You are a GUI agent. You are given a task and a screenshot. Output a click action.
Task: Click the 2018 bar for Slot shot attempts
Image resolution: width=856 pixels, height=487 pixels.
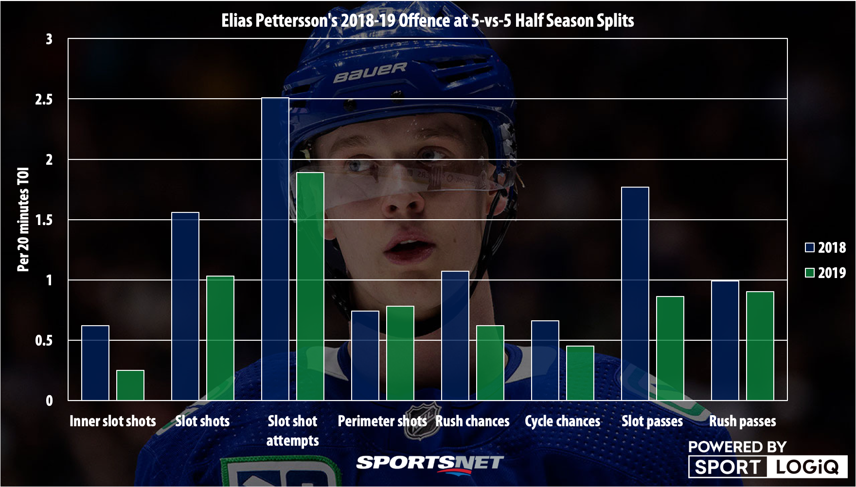coord(275,249)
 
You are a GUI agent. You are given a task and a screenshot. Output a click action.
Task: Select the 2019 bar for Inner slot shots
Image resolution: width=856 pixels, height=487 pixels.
coord(130,385)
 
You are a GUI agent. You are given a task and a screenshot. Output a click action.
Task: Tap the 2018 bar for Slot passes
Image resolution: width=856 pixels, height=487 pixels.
coord(635,294)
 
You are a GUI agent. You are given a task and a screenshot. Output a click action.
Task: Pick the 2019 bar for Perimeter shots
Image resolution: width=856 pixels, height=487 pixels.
coord(400,353)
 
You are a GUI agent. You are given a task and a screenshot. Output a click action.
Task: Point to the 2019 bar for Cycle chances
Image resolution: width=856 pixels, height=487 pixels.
coord(580,373)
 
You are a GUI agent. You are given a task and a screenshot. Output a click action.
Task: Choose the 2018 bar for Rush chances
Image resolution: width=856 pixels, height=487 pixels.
coord(455,336)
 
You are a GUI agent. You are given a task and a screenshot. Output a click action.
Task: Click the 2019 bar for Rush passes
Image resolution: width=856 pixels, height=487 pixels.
coord(760,346)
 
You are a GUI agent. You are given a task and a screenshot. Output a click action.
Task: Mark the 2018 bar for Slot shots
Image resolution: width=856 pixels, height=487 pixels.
coord(185,306)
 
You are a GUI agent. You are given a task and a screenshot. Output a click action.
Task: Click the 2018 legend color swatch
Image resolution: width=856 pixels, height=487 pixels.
coord(810,247)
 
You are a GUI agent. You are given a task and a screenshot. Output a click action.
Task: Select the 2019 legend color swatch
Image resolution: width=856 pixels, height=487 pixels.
coord(810,273)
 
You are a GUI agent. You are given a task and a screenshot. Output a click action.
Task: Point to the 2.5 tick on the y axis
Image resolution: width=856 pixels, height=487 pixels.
coord(44,99)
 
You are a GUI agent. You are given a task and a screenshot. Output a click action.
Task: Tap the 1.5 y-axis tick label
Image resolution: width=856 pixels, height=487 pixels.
coord(44,220)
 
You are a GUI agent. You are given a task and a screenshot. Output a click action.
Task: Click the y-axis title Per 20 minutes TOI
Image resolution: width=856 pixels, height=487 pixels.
coord(23,219)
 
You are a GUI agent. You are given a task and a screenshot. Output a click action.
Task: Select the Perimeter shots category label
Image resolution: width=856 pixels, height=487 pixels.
coord(382,421)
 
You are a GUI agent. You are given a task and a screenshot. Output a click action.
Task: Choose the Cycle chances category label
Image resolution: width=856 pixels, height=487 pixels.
coord(562,421)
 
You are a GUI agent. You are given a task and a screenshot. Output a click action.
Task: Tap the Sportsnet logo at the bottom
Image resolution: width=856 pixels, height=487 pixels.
coord(430,463)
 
